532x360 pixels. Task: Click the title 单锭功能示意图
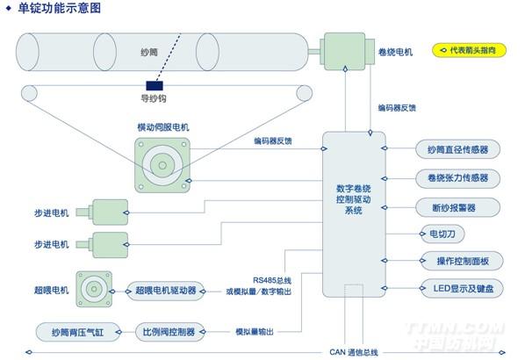pyautogui.click(x=60, y=9)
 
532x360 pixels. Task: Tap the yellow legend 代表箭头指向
pyautogui.click(x=471, y=51)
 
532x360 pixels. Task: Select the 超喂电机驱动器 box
pyautogui.click(x=165, y=289)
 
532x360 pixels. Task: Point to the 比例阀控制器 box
pyautogui.click(x=169, y=331)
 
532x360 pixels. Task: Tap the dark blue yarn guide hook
pyautogui.click(x=158, y=86)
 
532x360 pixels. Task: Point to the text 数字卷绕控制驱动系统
pyautogui.click(x=354, y=199)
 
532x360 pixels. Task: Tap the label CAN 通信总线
pyautogui.click(x=353, y=352)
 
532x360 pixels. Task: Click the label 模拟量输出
pyautogui.click(x=254, y=331)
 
